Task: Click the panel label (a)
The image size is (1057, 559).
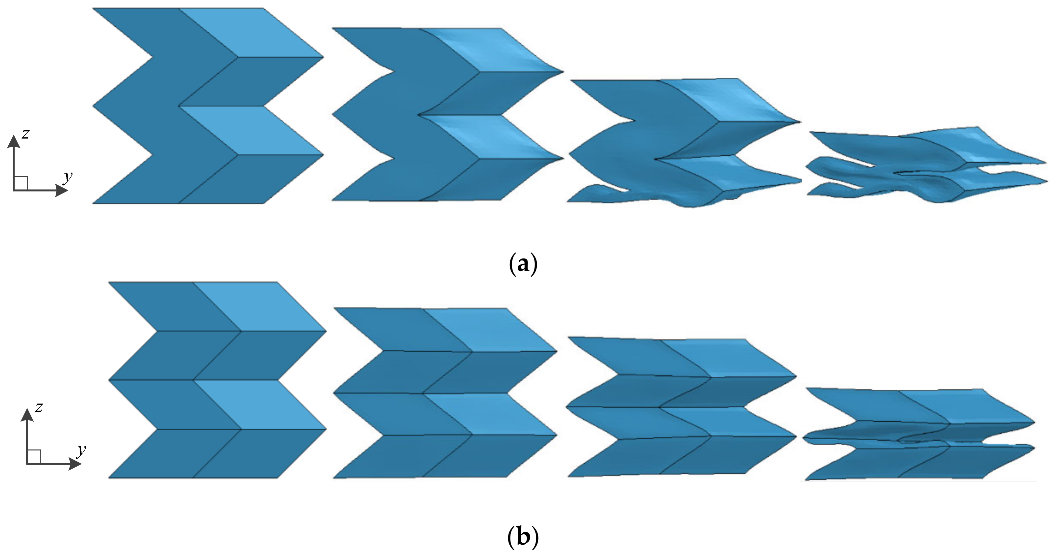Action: (523, 264)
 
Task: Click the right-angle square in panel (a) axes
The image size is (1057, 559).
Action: (21, 183)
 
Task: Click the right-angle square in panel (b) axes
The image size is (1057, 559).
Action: (34, 456)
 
